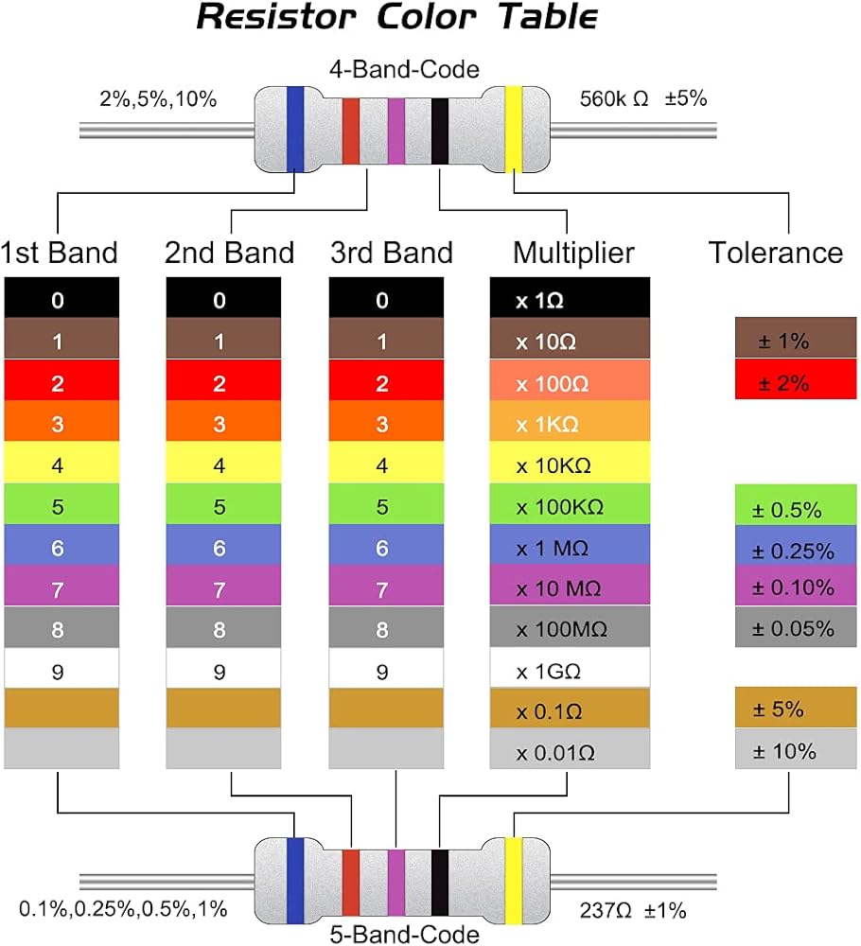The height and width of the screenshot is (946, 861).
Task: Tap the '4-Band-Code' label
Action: coord(404,69)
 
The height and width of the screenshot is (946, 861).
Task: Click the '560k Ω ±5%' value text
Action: coord(642,97)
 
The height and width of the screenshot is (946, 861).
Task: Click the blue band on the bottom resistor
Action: coord(295,879)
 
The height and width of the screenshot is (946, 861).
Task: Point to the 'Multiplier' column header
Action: coord(573,253)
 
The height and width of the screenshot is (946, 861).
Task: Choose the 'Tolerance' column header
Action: coord(776,253)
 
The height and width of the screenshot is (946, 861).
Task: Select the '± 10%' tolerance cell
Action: coord(796,751)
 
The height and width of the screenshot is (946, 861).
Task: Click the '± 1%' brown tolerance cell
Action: coord(796,342)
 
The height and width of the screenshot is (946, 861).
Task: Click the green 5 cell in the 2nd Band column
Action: coord(223,506)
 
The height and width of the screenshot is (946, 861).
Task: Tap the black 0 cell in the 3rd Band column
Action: coord(385,301)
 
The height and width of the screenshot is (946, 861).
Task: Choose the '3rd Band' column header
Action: coord(392,253)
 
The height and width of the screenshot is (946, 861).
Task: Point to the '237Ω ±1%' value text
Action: coord(632,911)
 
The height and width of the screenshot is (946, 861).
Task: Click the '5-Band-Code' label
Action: coord(404,935)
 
